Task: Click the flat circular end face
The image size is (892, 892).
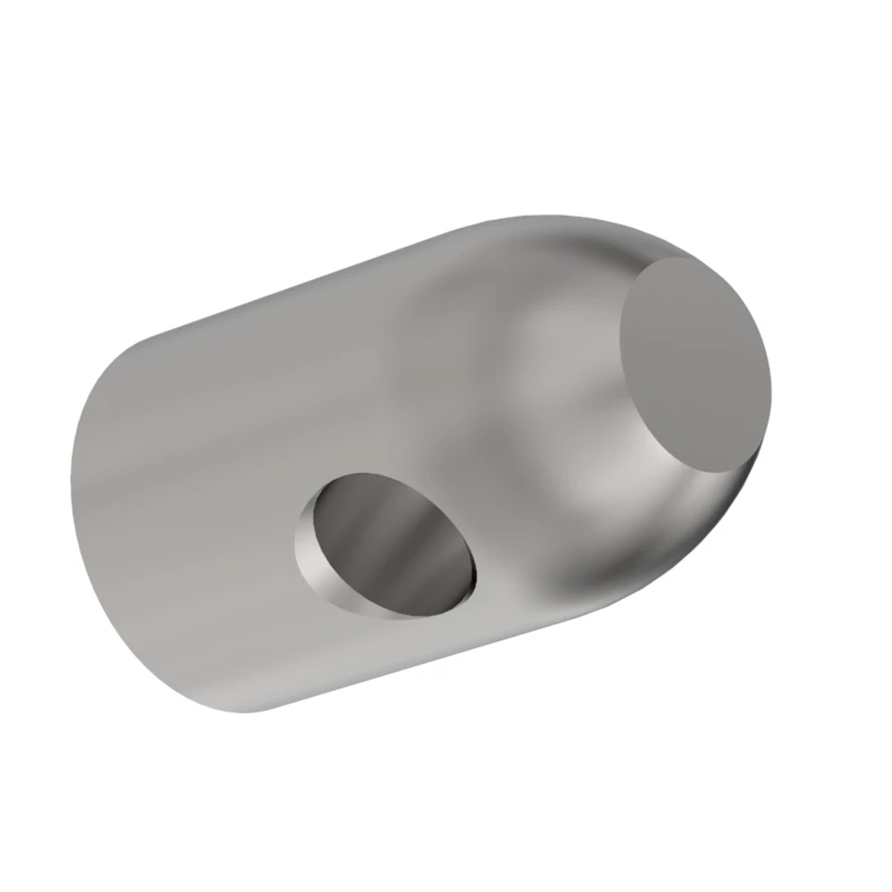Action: [695, 366]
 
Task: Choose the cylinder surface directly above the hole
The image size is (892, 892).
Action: [372, 401]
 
